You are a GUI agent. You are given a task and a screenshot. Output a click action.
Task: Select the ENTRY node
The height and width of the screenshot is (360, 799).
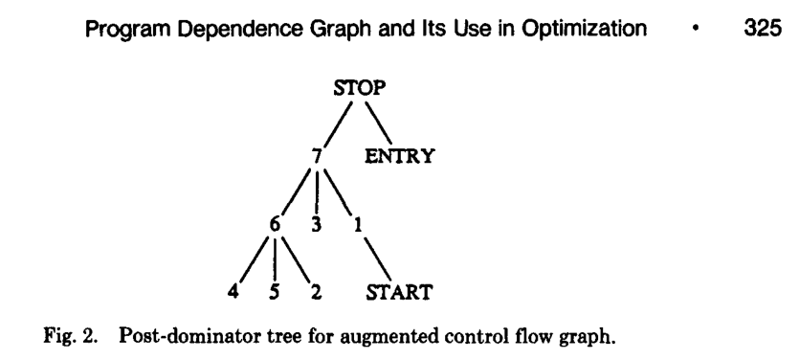[396, 152]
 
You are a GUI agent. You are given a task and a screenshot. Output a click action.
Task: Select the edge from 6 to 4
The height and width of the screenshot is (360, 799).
[252, 257]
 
